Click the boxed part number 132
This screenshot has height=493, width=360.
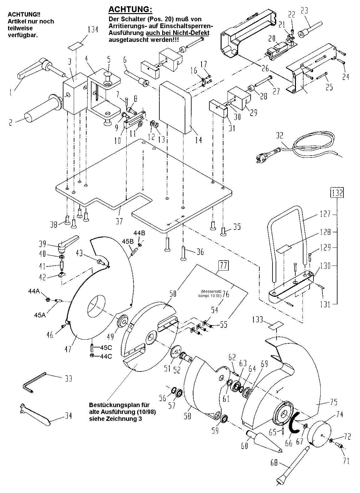[x=337, y=193]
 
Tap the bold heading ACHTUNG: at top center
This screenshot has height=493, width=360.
[x=130, y=9]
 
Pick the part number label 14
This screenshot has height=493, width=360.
[x=199, y=140]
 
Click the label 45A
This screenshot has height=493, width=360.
[x=40, y=315]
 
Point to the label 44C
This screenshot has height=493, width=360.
[x=106, y=356]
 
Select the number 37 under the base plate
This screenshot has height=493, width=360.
[x=119, y=221]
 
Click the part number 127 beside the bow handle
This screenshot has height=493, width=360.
[x=326, y=214]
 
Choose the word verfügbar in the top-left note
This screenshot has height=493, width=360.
[x=23, y=35]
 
